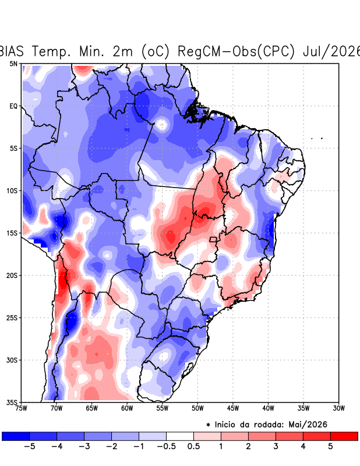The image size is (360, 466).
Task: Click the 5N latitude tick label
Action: point(13,63)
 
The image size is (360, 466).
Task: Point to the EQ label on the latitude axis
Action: point(13,106)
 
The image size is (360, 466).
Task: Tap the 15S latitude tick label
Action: point(12,233)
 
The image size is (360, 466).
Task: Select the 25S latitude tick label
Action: point(12,317)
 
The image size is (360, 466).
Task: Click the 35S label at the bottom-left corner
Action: point(12,403)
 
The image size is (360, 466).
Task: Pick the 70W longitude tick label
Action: point(57,408)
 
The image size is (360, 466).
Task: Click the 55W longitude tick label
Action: point(163,408)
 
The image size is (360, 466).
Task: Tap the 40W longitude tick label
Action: point(268,408)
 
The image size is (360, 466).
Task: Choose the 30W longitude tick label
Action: point(338,408)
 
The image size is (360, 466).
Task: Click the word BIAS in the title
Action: point(11,51)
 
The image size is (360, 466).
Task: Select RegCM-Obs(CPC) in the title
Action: point(237,51)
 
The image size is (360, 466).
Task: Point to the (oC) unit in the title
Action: point(155,51)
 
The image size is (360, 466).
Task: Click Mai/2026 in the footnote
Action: point(308,425)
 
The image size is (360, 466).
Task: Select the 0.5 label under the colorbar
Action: point(193,446)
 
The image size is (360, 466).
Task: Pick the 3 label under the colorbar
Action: point(276,446)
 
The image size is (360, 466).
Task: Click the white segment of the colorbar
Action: point(180,436)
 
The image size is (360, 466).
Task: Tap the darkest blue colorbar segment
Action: point(16,436)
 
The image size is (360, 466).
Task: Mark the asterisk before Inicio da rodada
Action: point(208,425)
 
